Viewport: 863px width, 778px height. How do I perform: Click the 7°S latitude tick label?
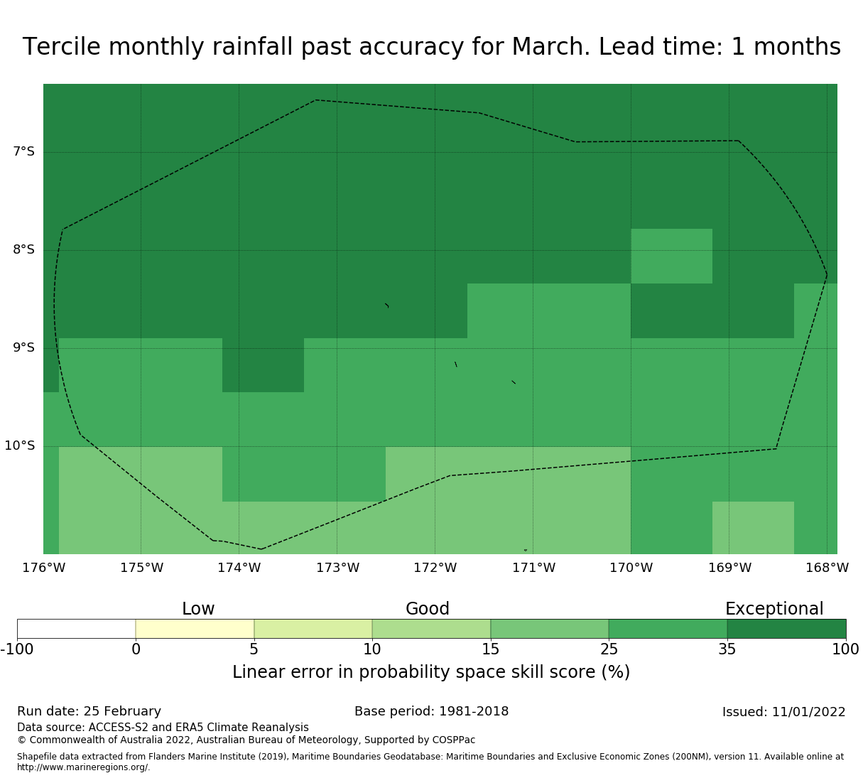point(23,151)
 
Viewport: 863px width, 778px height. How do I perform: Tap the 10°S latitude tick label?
point(19,445)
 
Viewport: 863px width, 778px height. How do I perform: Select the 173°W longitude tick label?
point(337,568)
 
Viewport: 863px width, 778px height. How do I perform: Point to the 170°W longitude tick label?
point(631,568)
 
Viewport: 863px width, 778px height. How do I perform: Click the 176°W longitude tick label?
point(43,568)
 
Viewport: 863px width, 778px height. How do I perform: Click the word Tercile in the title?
point(62,46)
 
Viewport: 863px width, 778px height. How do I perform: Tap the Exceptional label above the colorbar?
point(774,609)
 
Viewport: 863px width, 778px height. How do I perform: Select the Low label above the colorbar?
point(198,609)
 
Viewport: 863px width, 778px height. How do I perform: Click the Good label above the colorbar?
point(427,609)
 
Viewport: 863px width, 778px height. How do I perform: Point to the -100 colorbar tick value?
point(17,649)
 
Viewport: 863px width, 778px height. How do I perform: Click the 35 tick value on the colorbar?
point(727,649)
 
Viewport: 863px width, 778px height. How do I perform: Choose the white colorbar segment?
point(76,629)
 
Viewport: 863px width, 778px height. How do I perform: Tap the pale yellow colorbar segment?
point(195,629)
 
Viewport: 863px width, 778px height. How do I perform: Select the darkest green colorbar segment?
point(786,629)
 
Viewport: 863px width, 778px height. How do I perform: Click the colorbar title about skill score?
point(431,672)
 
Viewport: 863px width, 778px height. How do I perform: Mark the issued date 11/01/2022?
point(809,712)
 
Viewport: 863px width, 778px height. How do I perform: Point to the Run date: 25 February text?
point(89,711)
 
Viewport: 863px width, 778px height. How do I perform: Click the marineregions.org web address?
point(84,767)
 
